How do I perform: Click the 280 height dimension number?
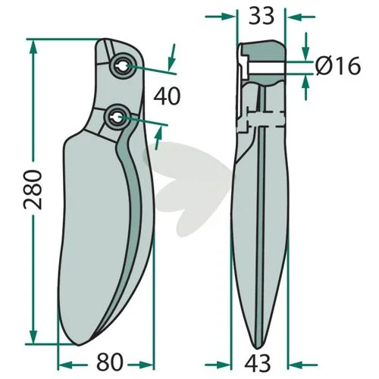coord(33,189)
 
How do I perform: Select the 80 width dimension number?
coord(110,362)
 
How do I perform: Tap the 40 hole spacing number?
coord(167,96)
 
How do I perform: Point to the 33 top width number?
coord(262,16)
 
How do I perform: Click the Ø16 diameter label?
coord(338,66)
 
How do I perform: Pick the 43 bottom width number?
coord(258,363)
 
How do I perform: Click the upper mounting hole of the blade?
coord(124,67)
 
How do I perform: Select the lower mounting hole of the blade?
coord(117,117)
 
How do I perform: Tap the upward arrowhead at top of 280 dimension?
coord(33,47)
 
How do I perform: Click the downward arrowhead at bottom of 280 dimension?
coord(33,337)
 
